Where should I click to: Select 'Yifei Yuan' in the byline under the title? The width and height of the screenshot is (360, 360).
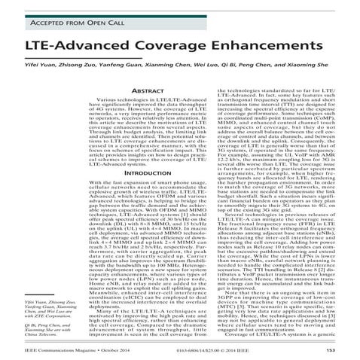pyautogui.click(x=44, y=66)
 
